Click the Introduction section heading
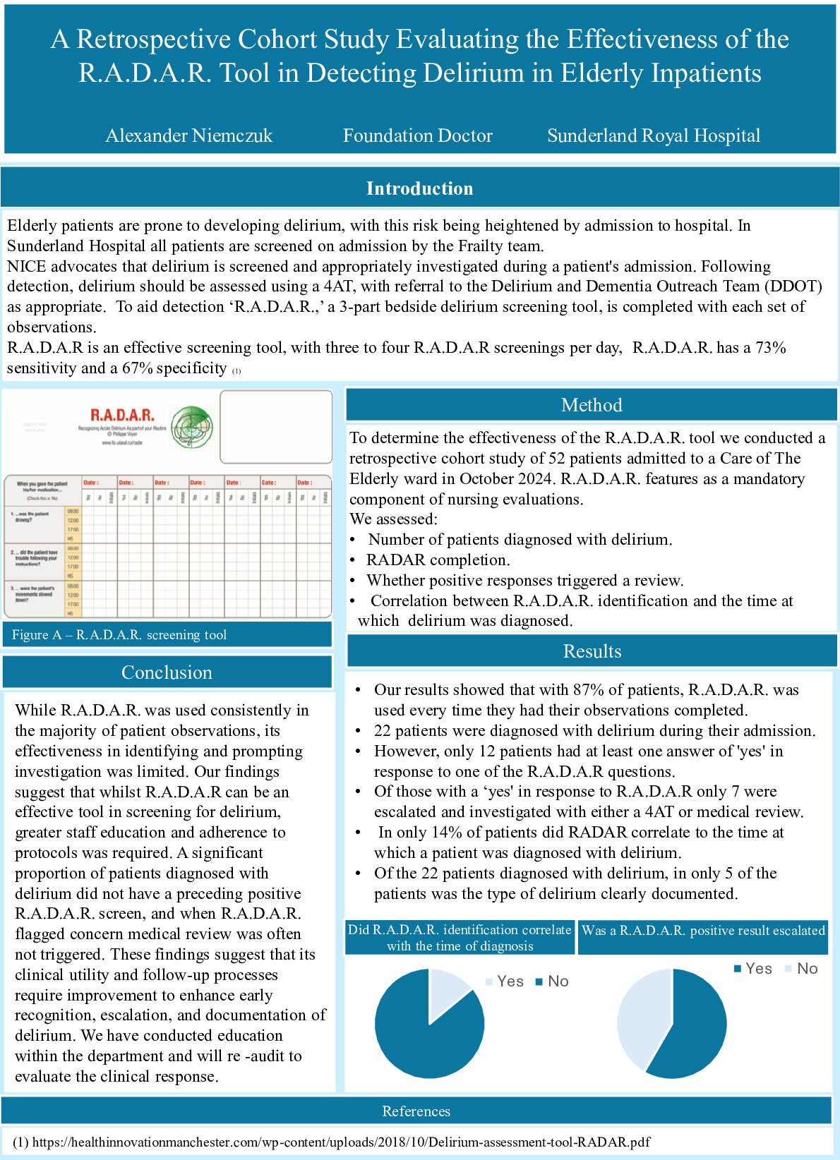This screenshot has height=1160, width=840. point(419,188)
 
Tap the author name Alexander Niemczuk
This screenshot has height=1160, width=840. point(189,135)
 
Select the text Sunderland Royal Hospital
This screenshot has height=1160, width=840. point(654,135)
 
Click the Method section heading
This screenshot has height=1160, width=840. point(592,405)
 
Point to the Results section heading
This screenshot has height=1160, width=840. point(592,651)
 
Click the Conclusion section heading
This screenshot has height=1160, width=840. point(167,672)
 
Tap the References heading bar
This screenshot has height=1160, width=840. point(416,1111)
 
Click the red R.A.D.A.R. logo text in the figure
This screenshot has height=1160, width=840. point(122,415)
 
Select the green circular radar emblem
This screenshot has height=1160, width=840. point(191,427)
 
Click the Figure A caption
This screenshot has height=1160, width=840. point(119,635)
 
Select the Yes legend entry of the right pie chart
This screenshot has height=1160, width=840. point(752,969)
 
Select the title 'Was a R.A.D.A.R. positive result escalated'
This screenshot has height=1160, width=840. point(703,931)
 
